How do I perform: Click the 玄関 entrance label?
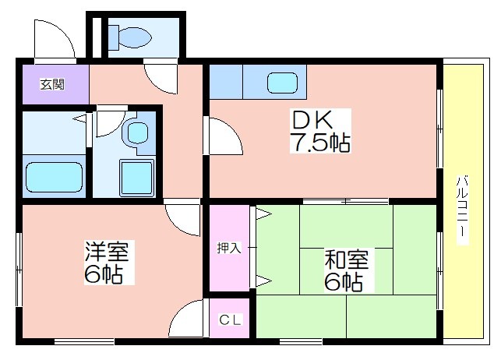click(x=52, y=84)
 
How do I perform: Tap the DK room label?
click(x=311, y=119)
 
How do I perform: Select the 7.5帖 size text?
click(x=319, y=142)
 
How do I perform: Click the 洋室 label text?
click(x=107, y=252)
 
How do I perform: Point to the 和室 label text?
click(x=347, y=259)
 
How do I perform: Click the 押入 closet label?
click(x=229, y=248)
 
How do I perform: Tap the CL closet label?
click(x=230, y=319)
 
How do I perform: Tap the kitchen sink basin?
click(x=282, y=83)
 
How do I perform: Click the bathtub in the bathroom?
click(x=54, y=178)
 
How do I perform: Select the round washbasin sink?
click(x=137, y=132)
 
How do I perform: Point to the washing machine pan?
click(x=137, y=178)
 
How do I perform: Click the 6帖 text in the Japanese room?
click(x=344, y=282)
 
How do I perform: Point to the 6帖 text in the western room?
click(x=104, y=274)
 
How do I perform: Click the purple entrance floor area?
click(x=55, y=84)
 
